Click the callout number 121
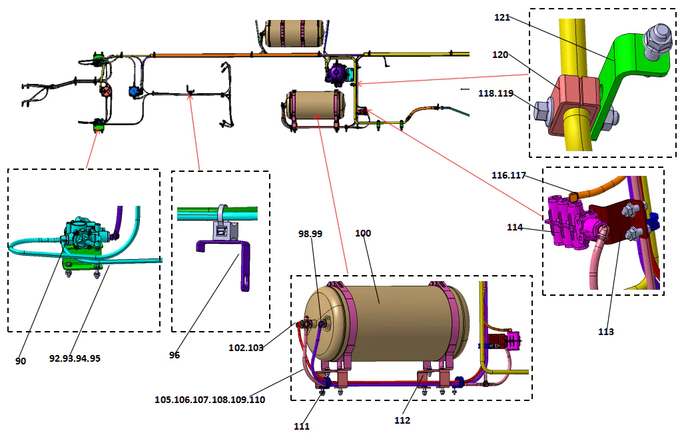click(x=502, y=17)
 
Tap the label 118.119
click(x=497, y=94)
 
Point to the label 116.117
click(x=510, y=175)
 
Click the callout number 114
click(x=515, y=228)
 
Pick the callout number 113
click(x=605, y=331)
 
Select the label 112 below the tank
click(x=402, y=420)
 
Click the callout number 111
click(x=302, y=426)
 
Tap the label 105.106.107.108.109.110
click(x=210, y=400)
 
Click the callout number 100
click(x=363, y=233)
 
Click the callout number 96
click(x=174, y=355)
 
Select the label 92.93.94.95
click(x=75, y=358)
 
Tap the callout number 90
click(x=21, y=360)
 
